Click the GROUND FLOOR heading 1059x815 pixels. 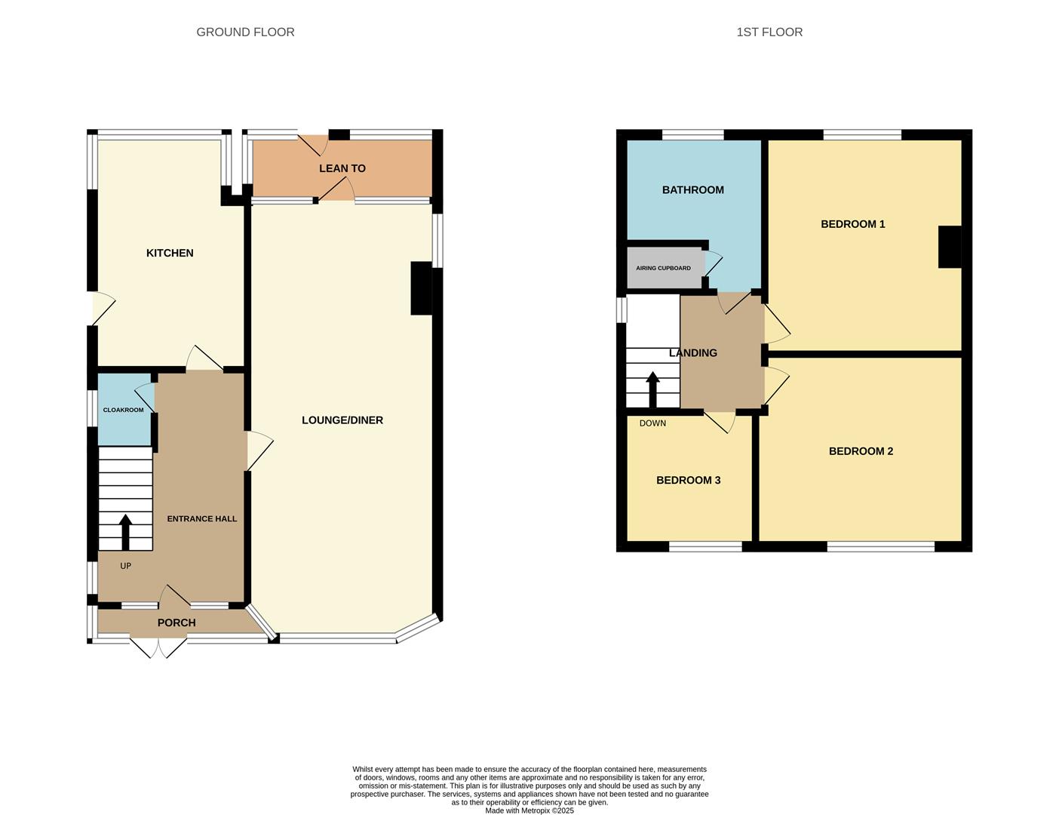click(x=245, y=32)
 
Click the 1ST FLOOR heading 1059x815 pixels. click(x=769, y=32)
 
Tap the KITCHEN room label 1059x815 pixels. click(x=170, y=253)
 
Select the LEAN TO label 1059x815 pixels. click(x=342, y=168)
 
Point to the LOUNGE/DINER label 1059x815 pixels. click(x=342, y=420)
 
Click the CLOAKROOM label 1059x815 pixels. click(x=123, y=410)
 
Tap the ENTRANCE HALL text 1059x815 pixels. click(x=201, y=518)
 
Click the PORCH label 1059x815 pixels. click(x=176, y=623)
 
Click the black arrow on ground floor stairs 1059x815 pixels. click(x=125, y=531)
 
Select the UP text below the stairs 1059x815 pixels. click(x=125, y=566)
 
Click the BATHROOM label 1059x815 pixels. click(x=692, y=190)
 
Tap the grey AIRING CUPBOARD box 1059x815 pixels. click(x=664, y=268)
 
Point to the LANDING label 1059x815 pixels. click(x=692, y=352)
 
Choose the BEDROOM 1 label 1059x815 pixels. click(x=852, y=224)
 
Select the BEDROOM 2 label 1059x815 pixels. click(x=861, y=451)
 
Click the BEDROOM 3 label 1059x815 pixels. click(x=688, y=480)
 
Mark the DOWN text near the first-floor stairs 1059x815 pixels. click(x=652, y=423)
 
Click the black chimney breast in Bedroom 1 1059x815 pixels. click(x=949, y=247)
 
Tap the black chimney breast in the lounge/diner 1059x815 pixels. click(x=420, y=288)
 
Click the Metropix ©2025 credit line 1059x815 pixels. click(x=529, y=810)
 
